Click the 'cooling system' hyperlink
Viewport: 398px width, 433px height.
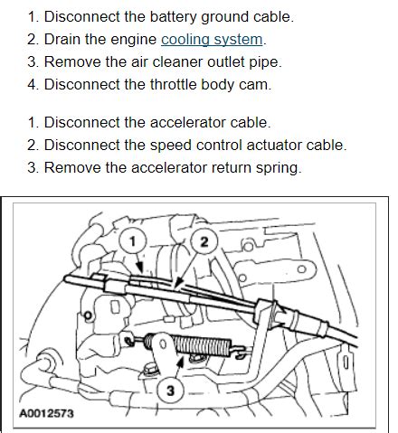(x=213, y=40)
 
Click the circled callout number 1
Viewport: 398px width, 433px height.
(x=132, y=241)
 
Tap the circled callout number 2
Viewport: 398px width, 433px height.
(x=204, y=240)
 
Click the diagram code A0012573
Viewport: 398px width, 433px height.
(x=47, y=414)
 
